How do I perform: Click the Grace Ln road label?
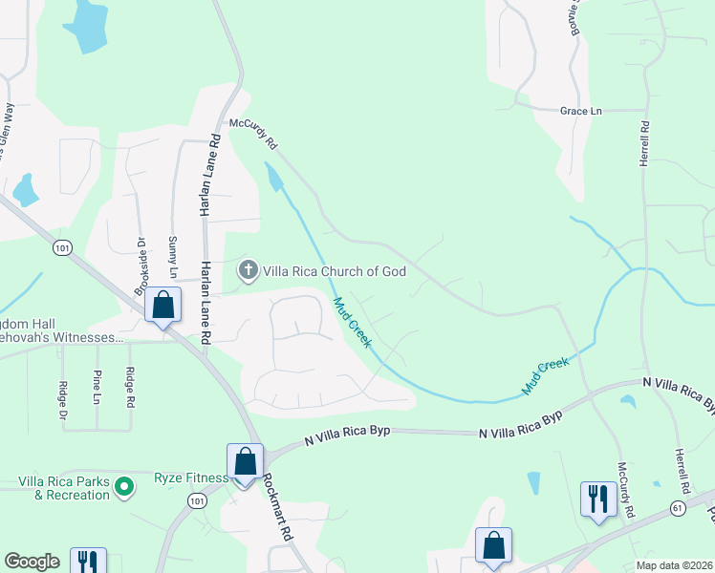coord(581,111)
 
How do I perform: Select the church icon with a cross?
coord(248,270)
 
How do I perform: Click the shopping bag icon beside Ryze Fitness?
coord(246,462)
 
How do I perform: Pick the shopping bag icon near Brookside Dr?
coord(163,307)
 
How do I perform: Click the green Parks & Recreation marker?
coord(123,488)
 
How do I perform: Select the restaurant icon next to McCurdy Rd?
coord(598,499)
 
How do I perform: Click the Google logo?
coord(32,562)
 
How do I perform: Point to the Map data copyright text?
coord(673,565)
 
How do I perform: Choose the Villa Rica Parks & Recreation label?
coord(65,488)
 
